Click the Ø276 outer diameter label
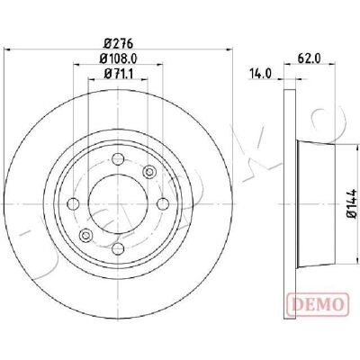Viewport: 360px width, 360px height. [x=118, y=44]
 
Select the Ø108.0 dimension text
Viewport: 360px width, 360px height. [x=118, y=58]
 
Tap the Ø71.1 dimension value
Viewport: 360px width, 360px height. [x=118, y=74]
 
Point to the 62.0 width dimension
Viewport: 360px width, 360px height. [x=310, y=58]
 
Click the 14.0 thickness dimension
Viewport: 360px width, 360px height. [x=260, y=74]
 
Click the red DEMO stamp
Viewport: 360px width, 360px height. [x=318, y=304]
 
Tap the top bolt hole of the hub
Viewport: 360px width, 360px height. [x=118, y=158]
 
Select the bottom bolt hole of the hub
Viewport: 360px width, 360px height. [x=118, y=248]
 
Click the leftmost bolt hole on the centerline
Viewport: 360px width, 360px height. [x=74, y=204]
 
